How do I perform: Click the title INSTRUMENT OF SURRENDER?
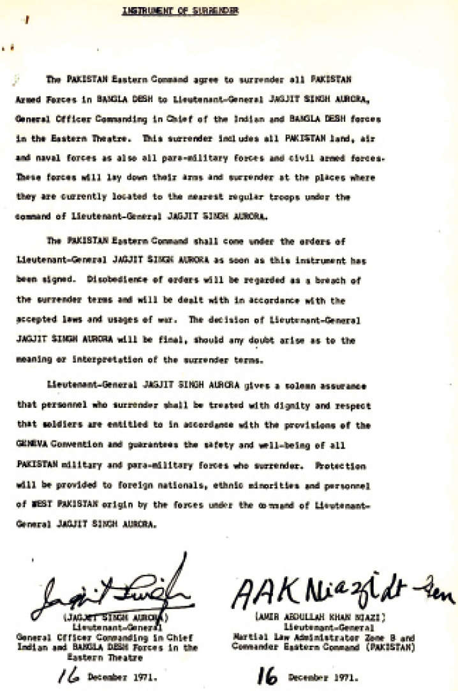click(181, 11)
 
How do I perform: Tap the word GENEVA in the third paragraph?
click(29, 446)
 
